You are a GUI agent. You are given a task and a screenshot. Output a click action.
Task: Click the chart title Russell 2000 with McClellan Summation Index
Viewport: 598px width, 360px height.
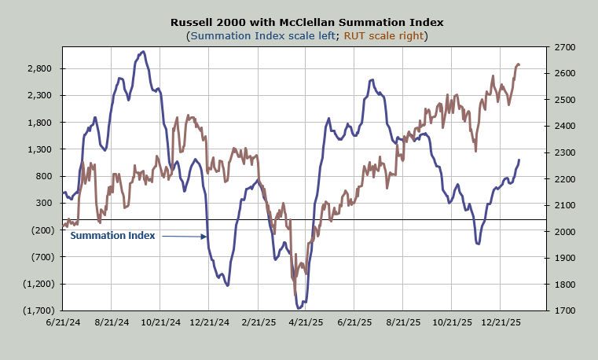pyautogui.click(x=299, y=22)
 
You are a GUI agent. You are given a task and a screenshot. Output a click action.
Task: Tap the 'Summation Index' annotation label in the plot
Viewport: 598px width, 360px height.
pyautogui.click(x=113, y=235)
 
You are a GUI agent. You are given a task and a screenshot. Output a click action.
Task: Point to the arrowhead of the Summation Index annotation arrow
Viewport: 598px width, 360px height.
pyautogui.click(x=205, y=236)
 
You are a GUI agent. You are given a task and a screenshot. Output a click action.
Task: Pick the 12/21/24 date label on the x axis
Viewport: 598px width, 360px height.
pyautogui.click(x=209, y=321)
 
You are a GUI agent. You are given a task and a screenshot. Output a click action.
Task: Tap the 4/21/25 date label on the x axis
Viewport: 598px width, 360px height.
pyautogui.click(x=306, y=321)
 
